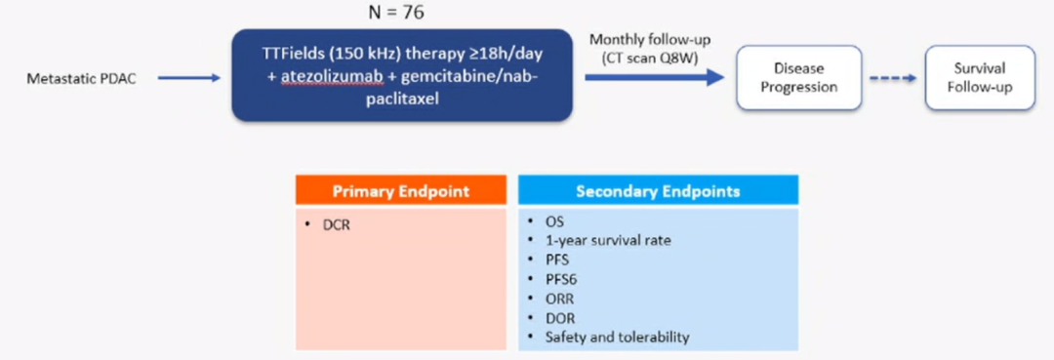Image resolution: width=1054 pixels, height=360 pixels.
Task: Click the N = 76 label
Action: tap(396, 12)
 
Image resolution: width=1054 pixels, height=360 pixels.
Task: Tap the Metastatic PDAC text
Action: tap(81, 79)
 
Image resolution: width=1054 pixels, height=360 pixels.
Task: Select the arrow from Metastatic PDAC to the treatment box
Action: tap(189, 78)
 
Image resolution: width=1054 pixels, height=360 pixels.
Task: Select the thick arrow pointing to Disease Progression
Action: tap(654, 77)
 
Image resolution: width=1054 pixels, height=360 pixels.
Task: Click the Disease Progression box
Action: tap(798, 78)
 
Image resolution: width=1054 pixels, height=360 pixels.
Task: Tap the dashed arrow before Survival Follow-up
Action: tap(893, 78)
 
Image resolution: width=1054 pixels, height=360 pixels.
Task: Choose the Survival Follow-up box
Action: tap(980, 78)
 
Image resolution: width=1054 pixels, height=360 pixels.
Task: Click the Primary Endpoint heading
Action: tap(401, 191)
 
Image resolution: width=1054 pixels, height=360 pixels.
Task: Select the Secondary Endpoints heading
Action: tap(658, 191)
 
